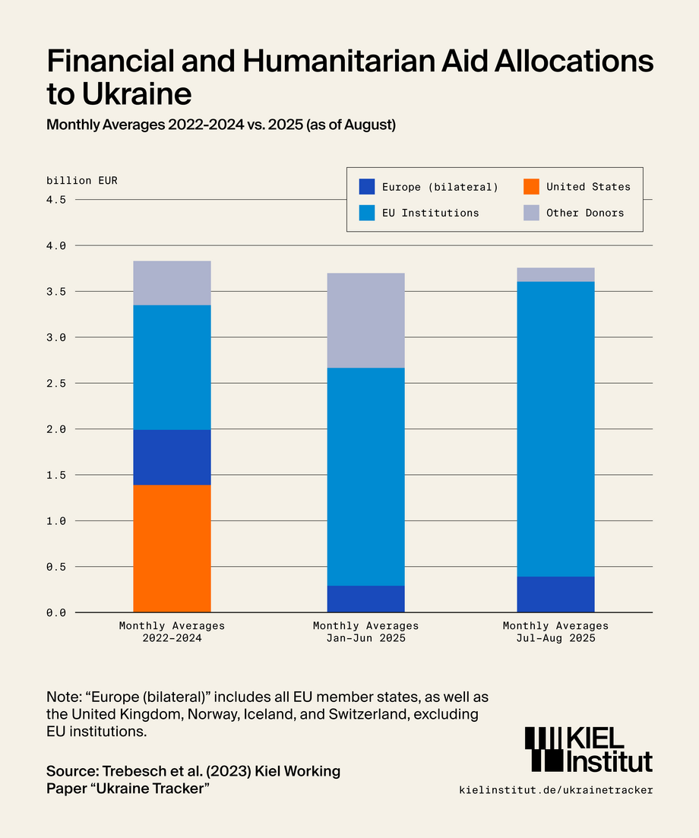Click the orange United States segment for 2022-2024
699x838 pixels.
[172, 548]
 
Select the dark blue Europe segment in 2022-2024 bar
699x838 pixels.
[172, 457]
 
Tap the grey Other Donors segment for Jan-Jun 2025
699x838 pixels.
[365, 320]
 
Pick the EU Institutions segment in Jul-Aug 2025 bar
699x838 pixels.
[555, 428]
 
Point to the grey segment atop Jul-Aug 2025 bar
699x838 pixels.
[555, 274]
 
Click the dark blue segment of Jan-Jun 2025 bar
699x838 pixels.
[365, 599]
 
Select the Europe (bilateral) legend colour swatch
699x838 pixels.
[367, 187]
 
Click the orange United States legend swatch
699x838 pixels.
[531, 187]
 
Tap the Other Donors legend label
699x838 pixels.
[585, 213]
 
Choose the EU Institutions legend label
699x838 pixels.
[430, 213]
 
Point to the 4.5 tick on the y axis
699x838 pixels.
[56, 200]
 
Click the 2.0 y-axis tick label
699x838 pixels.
[56, 428]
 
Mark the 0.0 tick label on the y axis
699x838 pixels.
[56, 612]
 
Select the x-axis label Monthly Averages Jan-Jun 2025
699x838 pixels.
[365, 632]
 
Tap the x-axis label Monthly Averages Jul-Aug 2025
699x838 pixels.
[555, 632]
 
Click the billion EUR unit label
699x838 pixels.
[82, 181]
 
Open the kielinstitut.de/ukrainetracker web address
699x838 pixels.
[555, 790]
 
